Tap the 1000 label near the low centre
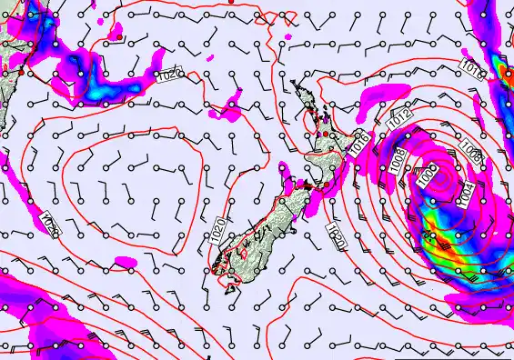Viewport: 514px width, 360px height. pos(428,175)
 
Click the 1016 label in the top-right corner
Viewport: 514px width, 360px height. pos(472,69)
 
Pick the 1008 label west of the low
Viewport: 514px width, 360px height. pos(397,159)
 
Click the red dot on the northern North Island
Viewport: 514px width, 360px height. pos(326,135)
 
